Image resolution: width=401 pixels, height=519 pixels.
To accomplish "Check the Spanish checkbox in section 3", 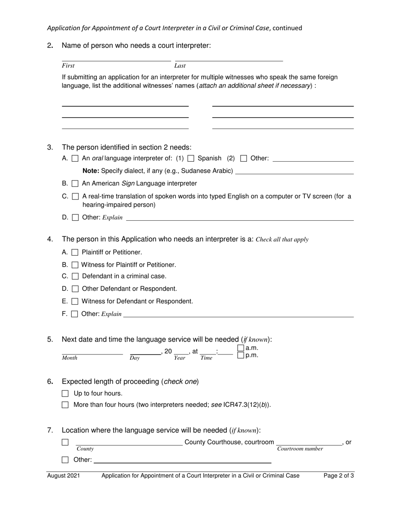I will point(190,159).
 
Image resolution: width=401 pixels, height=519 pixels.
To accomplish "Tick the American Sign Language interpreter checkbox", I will point(75,184).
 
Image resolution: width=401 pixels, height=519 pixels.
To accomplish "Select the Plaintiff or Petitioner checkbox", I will point(75,252).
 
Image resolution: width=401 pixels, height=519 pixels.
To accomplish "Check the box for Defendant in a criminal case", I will point(75,276).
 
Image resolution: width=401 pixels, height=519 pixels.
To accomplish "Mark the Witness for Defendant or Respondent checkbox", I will point(75,302).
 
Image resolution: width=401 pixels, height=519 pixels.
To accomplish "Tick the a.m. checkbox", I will point(241,348).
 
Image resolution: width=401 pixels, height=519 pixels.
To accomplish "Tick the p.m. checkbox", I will point(241,355).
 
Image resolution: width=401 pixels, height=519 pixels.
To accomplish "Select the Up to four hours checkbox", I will point(65,394).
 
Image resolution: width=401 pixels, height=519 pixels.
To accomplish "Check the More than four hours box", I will point(65,405).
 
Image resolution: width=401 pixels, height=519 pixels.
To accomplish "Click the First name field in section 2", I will point(116,58).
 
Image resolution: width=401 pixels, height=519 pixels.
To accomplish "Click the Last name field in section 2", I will point(228,58).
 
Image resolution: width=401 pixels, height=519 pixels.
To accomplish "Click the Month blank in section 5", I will point(92,351).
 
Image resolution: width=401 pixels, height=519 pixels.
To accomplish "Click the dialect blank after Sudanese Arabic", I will point(294,171).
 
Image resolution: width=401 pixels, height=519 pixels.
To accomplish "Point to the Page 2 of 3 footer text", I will point(339,476).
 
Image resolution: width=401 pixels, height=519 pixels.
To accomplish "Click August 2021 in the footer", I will point(63,476).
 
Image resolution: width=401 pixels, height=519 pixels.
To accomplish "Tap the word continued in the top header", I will point(287,28).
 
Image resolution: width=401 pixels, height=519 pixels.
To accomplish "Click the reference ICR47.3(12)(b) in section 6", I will point(247,405).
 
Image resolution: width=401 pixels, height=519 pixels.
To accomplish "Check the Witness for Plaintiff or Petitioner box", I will point(75,265).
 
